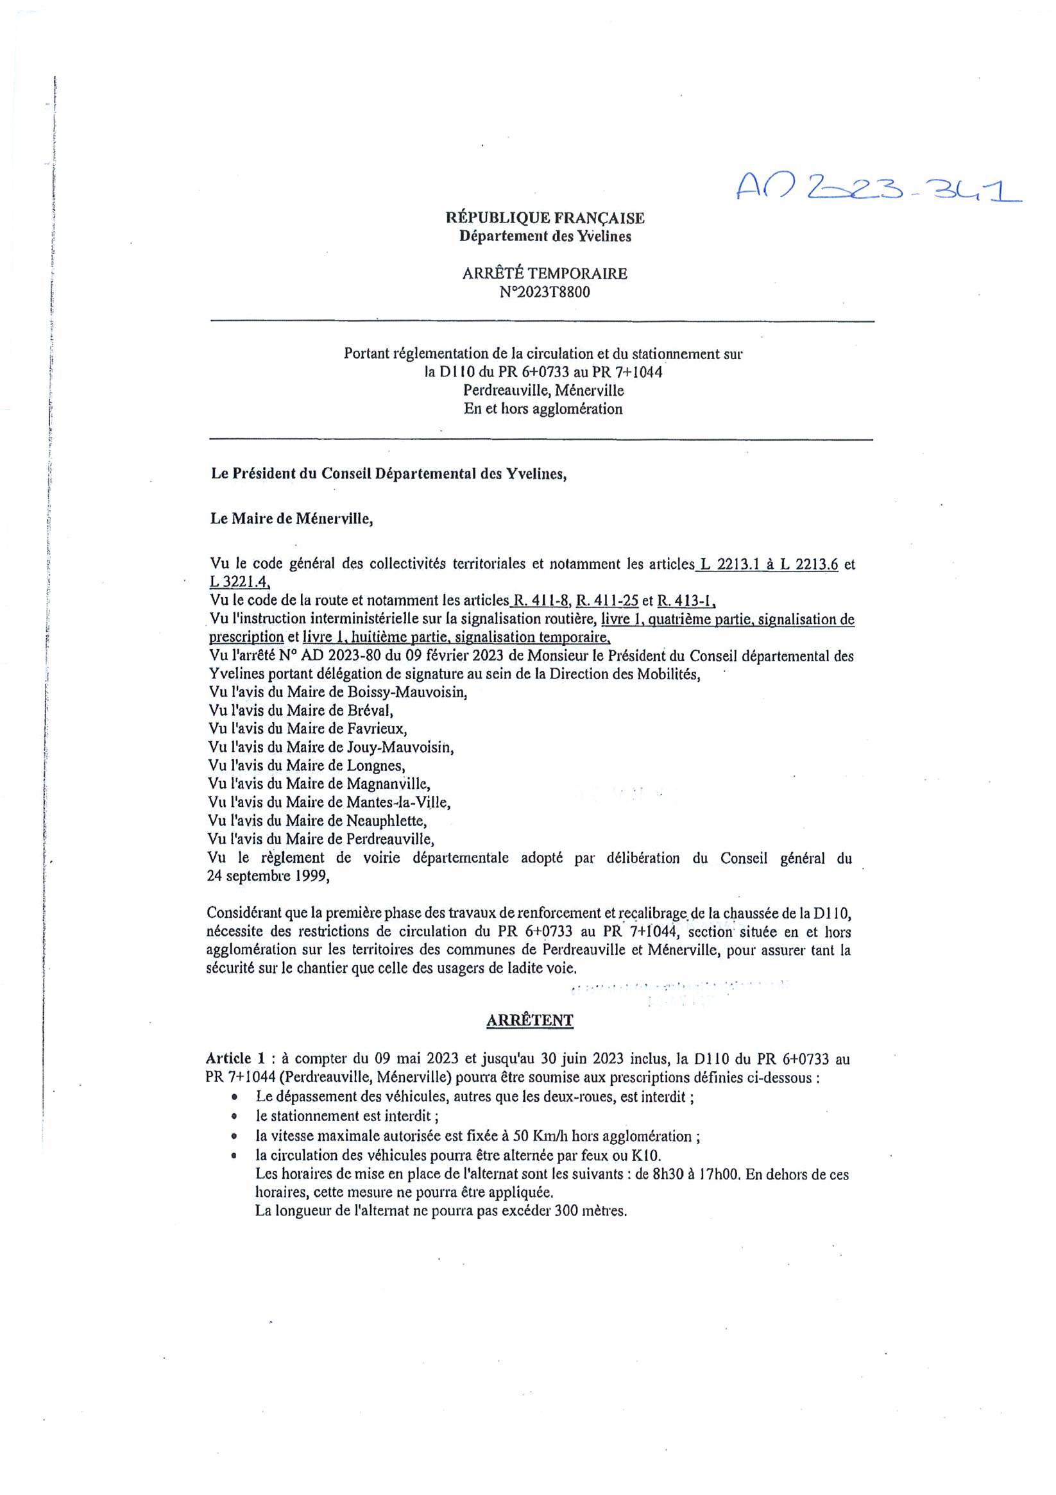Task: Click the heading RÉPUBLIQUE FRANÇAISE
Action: click(x=545, y=218)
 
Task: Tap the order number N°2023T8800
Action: click(x=545, y=292)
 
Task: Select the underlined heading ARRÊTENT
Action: click(x=530, y=1020)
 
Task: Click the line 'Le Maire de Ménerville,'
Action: click(x=292, y=519)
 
